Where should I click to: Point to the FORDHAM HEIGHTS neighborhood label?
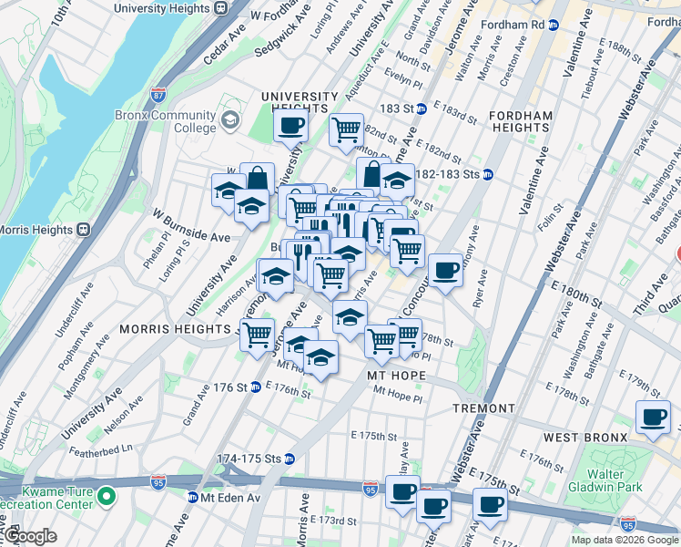tap(520, 122)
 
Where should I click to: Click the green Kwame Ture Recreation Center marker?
tap(107, 497)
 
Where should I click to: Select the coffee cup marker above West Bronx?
tap(652, 418)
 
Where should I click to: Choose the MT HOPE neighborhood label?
tap(396, 376)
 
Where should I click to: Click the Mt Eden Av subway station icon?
tap(192, 498)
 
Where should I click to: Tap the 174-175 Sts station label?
tap(247, 458)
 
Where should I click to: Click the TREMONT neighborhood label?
tap(483, 408)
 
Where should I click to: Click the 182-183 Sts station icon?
tap(488, 174)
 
